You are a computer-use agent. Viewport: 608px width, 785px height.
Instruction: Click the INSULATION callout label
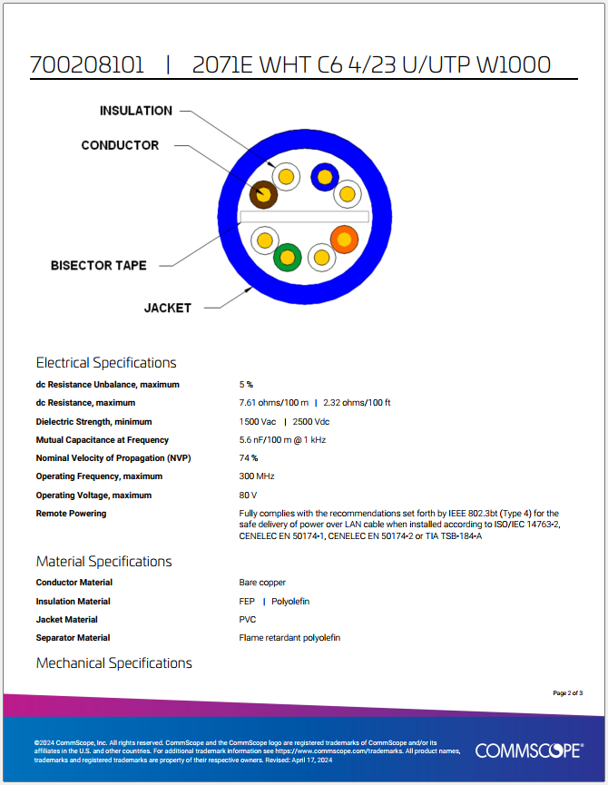tap(135, 111)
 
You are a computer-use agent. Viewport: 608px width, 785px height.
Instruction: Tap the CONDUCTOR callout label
tap(120, 145)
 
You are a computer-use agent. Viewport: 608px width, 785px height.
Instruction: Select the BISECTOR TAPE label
tap(98, 266)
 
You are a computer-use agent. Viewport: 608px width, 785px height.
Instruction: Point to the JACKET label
tap(168, 308)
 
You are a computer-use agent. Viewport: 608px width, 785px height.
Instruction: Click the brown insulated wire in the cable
tap(263, 193)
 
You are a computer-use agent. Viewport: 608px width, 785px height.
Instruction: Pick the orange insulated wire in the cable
tap(344, 239)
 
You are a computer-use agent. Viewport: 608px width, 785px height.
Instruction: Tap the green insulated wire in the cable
tap(288, 258)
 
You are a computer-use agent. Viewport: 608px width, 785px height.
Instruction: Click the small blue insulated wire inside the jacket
tap(324, 176)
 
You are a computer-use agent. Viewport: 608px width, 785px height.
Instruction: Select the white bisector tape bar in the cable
tap(304, 218)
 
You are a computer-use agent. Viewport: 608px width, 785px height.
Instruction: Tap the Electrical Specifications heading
tap(106, 363)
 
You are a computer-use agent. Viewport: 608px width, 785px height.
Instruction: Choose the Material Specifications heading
tap(103, 561)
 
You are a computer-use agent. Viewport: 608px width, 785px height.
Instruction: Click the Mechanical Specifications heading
tap(114, 663)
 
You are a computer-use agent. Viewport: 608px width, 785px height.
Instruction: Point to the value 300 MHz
tap(257, 476)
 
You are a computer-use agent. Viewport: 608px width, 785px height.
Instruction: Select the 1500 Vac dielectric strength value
tap(258, 422)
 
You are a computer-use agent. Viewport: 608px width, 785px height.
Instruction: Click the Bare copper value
tap(262, 583)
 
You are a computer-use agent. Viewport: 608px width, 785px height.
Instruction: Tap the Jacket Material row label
tap(67, 620)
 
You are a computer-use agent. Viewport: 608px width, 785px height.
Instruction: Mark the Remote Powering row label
tap(71, 514)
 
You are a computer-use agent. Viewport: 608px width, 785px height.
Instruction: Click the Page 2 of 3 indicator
tap(567, 693)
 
